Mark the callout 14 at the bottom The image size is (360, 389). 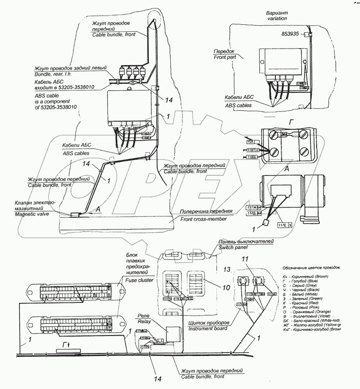point(156,378)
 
